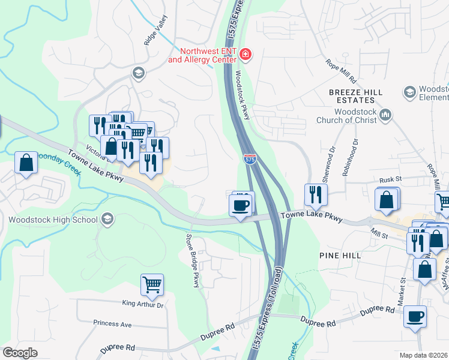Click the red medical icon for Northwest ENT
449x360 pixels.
click(245, 55)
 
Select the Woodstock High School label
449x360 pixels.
click(53, 219)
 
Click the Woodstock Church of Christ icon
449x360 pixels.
click(386, 114)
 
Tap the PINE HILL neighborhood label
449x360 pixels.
click(340, 256)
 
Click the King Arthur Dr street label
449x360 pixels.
click(142, 305)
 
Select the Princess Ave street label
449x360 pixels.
click(112, 323)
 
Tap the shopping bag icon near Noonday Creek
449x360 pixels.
click(26, 163)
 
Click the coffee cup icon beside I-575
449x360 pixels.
click(240, 206)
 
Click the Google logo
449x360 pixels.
click(20, 353)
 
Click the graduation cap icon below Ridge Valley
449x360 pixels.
click(139, 73)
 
